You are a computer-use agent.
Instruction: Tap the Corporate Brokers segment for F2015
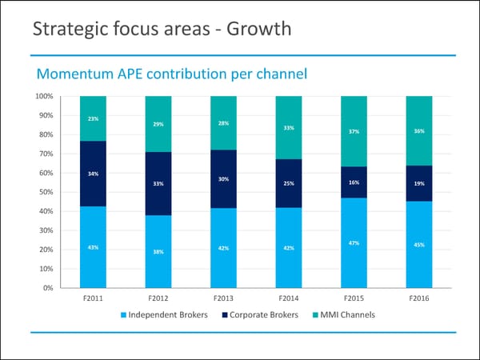(x=354, y=182)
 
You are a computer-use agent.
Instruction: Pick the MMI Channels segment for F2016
(x=418, y=130)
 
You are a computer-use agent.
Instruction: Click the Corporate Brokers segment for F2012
(x=158, y=183)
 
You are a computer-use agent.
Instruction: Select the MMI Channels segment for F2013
(x=223, y=123)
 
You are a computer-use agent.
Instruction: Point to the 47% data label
(x=354, y=242)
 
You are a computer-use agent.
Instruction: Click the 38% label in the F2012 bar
(x=158, y=252)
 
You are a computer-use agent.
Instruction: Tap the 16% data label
(x=354, y=182)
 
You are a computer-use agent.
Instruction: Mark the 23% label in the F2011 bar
(x=93, y=118)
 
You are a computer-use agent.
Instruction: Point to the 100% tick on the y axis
(x=44, y=96)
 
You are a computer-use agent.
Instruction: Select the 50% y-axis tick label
(x=46, y=192)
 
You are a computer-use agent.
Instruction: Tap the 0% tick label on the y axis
(x=48, y=288)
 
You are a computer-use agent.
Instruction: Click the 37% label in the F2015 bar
(x=354, y=132)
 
